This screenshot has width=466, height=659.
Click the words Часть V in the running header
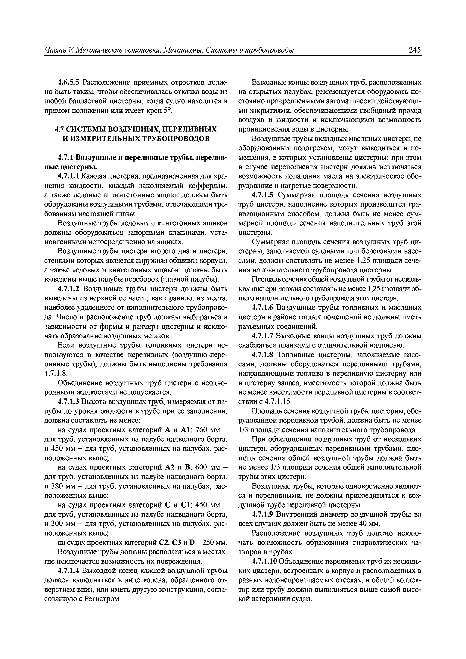pos(57,50)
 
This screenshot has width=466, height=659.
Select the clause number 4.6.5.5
pos(69,83)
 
